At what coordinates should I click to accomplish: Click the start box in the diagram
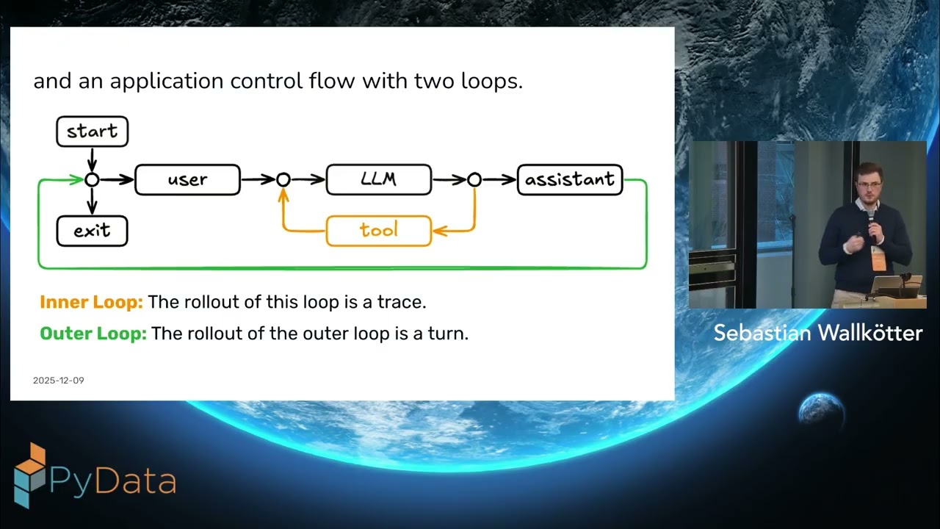coord(92,132)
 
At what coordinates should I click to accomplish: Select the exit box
coord(92,231)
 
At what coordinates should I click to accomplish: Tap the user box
coord(187,180)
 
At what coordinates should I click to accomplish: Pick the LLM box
coord(378,180)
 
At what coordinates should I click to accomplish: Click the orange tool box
coord(378,231)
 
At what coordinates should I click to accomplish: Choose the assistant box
coord(570,180)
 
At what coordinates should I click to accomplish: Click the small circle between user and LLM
coord(283,180)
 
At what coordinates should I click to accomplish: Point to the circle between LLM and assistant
coord(474,180)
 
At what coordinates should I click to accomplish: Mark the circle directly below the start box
coord(92,180)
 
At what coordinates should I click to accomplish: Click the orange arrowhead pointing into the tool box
coord(438,231)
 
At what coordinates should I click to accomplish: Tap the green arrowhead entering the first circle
coord(77,179)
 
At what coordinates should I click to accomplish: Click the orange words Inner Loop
coord(91,302)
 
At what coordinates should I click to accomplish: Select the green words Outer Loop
coord(93,334)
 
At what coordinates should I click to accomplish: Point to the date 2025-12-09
coord(59,381)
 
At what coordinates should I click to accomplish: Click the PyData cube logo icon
coord(29,475)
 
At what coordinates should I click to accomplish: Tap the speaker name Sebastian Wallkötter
coord(817,333)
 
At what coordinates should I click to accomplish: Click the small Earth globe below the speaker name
coord(821,409)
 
